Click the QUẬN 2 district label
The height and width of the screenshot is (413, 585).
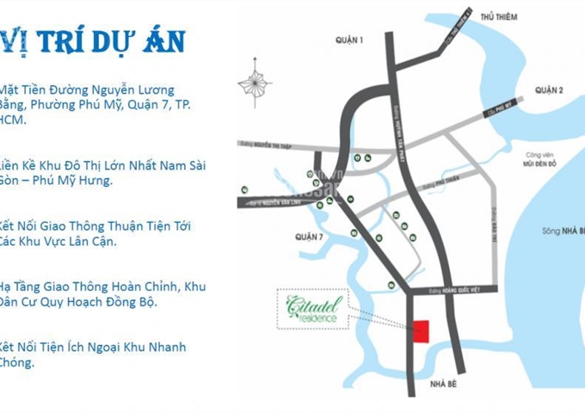pos(547,90)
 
